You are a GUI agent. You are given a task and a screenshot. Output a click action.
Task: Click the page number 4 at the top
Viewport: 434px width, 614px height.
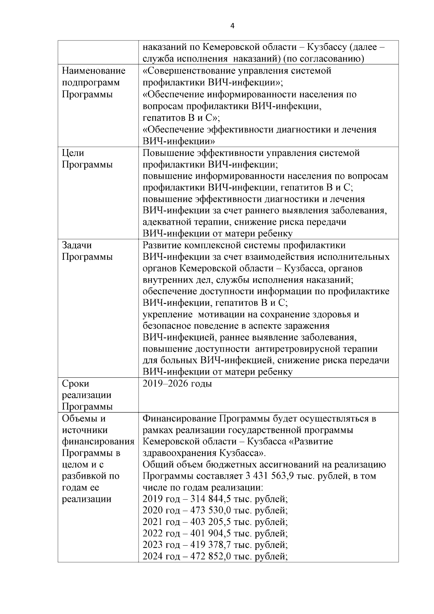point(232,26)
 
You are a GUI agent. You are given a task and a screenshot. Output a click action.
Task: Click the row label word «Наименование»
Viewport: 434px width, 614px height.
point(94,71)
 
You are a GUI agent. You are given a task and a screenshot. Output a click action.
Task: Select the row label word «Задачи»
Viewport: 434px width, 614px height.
point(77,245)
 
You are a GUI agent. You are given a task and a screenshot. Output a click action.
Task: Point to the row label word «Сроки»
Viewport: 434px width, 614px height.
point(76,384)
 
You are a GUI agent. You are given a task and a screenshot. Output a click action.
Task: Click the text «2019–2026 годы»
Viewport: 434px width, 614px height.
point(177,384)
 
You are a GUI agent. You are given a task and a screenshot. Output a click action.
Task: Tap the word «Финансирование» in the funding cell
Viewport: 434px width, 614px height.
point(179,419)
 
